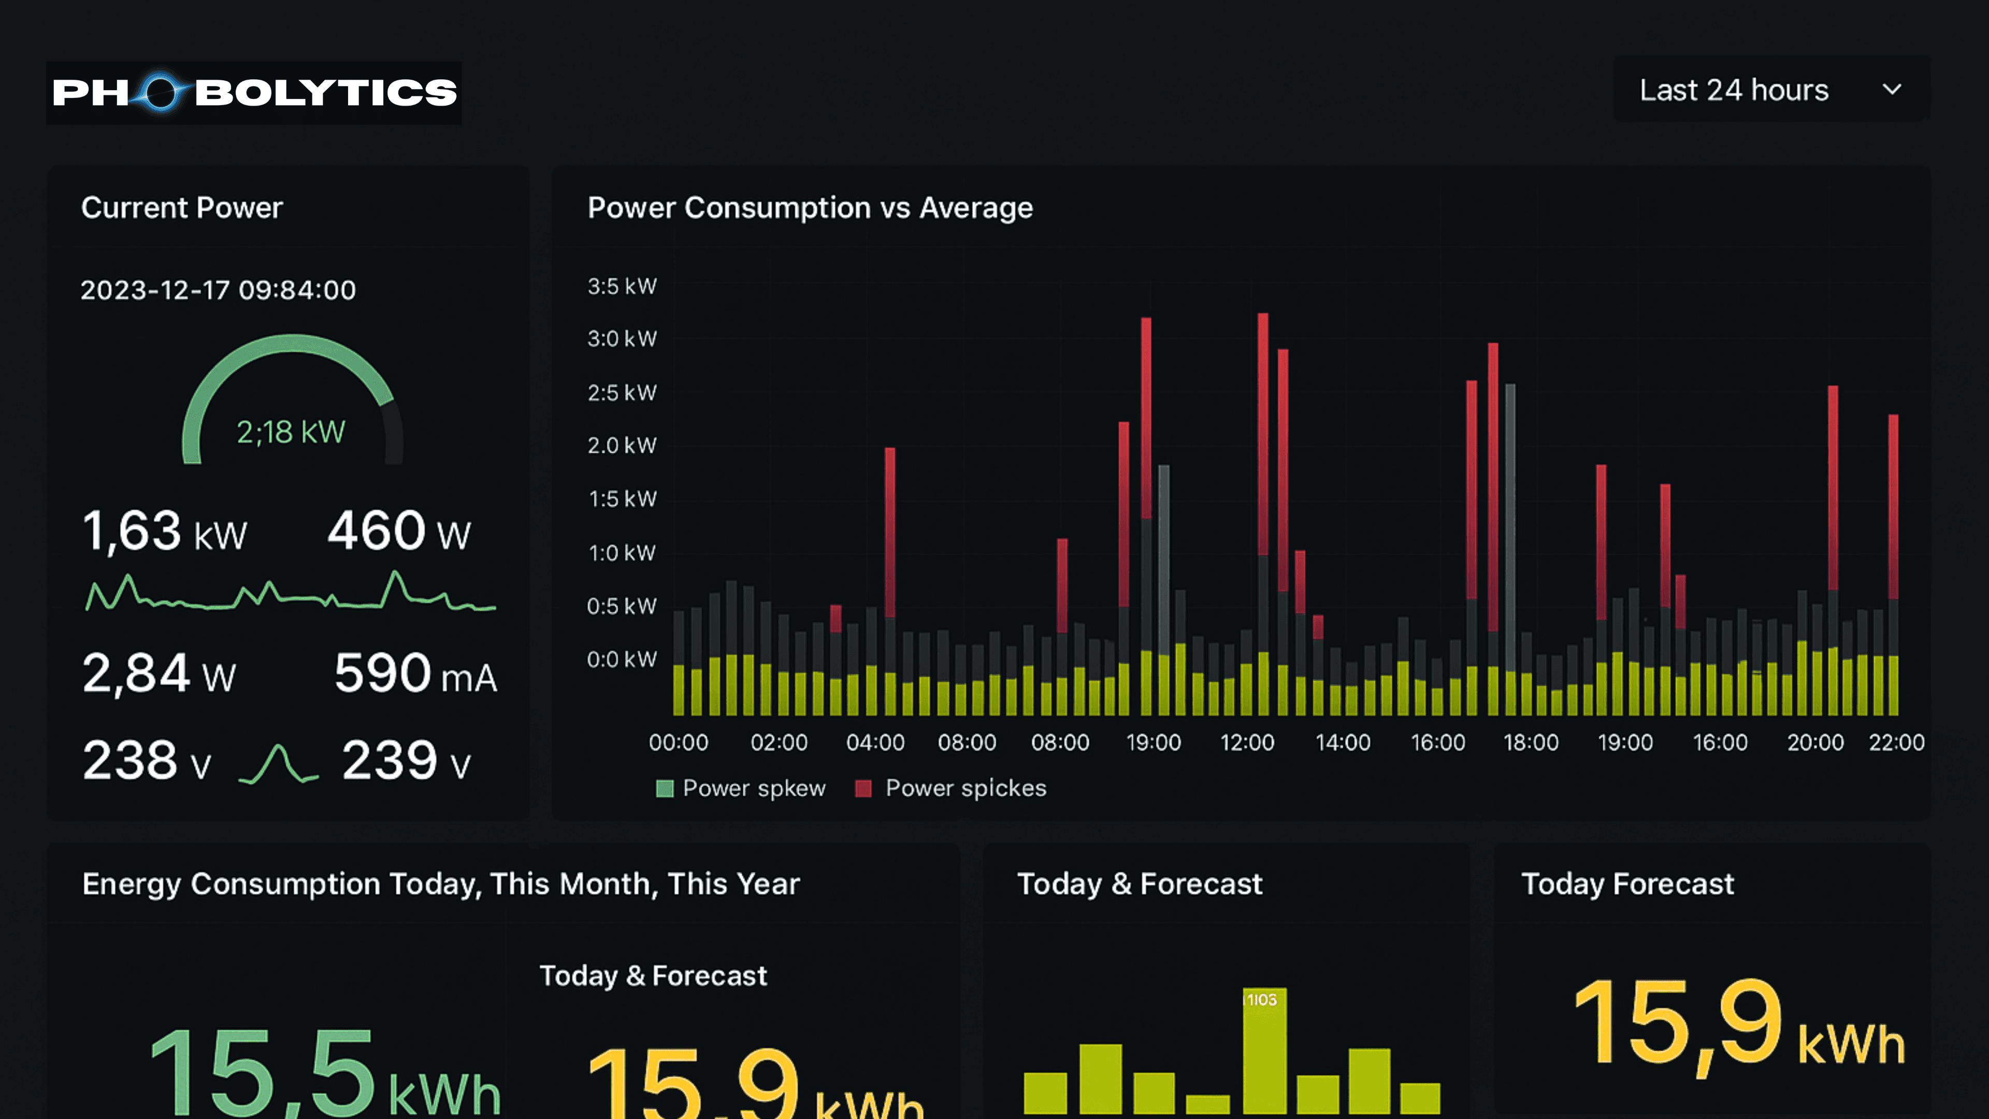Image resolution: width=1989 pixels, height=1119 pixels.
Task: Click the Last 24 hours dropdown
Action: click(x=1770, y=90)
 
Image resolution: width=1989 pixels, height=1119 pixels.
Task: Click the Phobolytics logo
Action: click(x=254, y=93)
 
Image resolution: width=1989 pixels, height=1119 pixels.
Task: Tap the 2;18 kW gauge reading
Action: click(x=291, y=432)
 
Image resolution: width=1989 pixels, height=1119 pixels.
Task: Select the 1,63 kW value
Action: click(x=165, y=532)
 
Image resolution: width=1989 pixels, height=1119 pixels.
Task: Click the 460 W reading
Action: click(x=398, y=532)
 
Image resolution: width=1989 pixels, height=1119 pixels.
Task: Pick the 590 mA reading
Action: click(x=415, y=674)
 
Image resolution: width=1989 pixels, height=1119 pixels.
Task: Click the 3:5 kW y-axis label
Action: click(x=622, y=286)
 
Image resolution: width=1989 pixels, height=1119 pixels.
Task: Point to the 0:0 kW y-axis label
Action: click(x=622, y=659)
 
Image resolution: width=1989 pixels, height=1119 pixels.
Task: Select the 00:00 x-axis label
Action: click(x=678, y=743)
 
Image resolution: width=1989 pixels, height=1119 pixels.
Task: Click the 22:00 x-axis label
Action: click(x=1896, y=743)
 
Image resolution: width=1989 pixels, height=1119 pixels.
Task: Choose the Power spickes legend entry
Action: click(x=952, y=788)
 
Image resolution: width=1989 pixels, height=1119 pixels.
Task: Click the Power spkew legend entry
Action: click(x=741, y=788)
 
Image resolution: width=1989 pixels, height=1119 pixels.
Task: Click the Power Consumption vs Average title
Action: click(x=810, y=208)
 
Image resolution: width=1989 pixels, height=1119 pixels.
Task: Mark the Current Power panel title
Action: click(x=182, y=208)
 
